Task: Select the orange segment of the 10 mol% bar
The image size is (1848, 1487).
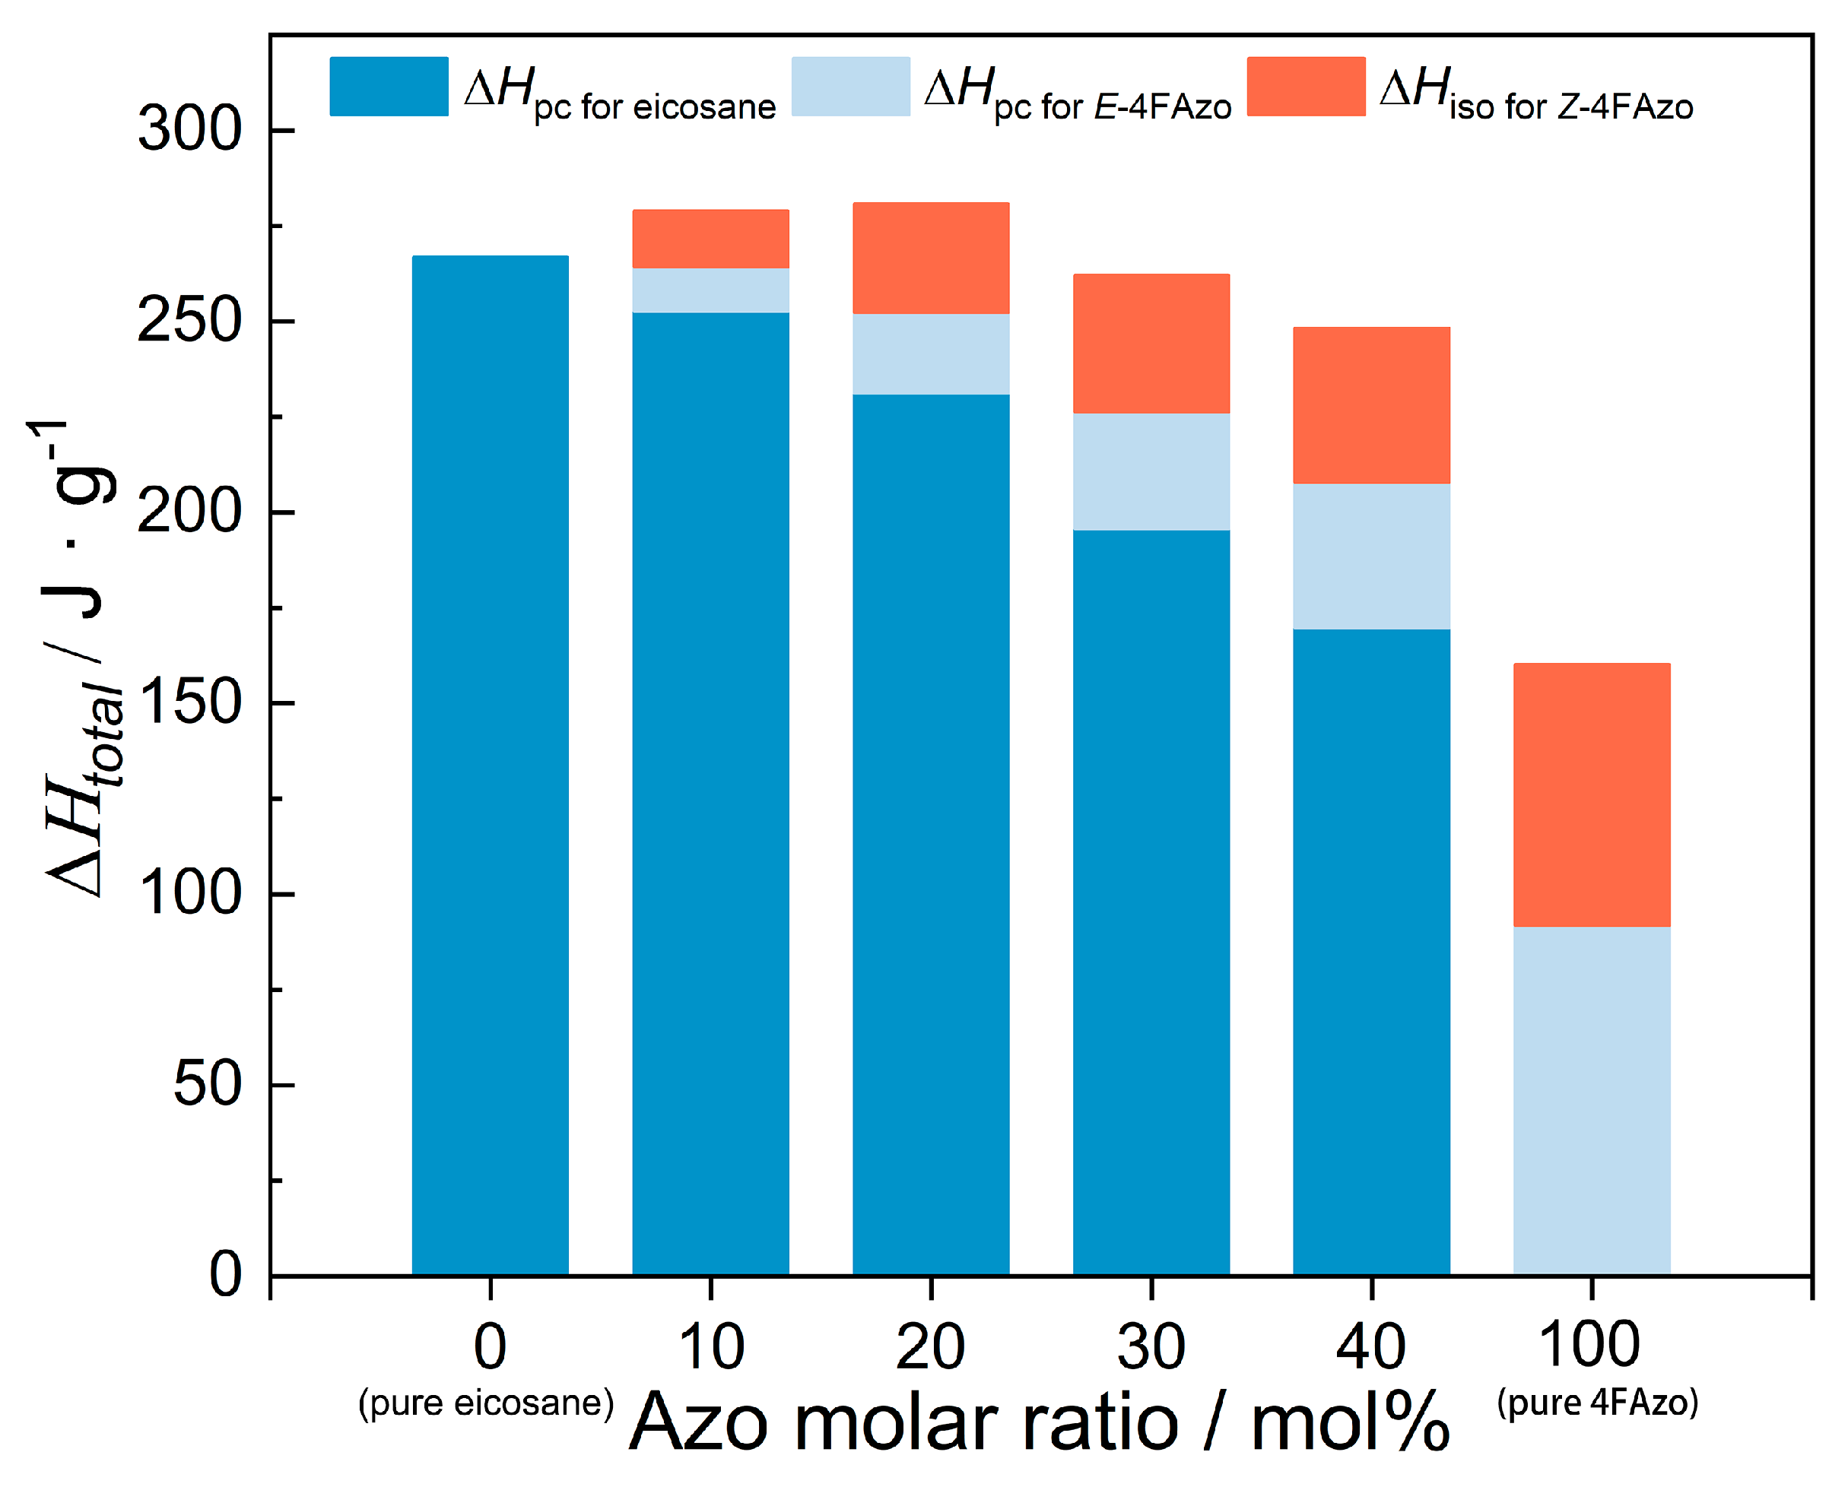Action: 710,239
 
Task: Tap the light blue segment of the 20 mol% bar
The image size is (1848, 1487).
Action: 931,354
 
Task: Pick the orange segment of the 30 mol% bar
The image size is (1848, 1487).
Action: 1151,344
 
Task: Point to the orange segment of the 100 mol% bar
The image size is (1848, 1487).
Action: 1592,794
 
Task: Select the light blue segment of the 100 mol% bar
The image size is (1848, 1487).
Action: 1592,1101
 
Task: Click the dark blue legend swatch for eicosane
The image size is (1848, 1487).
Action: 389,87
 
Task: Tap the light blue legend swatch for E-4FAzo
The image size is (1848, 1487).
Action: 850,87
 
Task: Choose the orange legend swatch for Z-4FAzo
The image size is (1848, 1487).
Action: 1307,87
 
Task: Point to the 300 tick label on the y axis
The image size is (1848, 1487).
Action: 189,130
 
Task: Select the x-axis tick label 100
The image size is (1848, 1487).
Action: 1590,1345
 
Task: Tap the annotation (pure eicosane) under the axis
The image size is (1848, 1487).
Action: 486,1403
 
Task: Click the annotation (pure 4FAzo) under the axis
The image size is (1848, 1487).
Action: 1598,1403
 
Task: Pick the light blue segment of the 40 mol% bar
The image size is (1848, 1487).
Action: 1371,556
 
